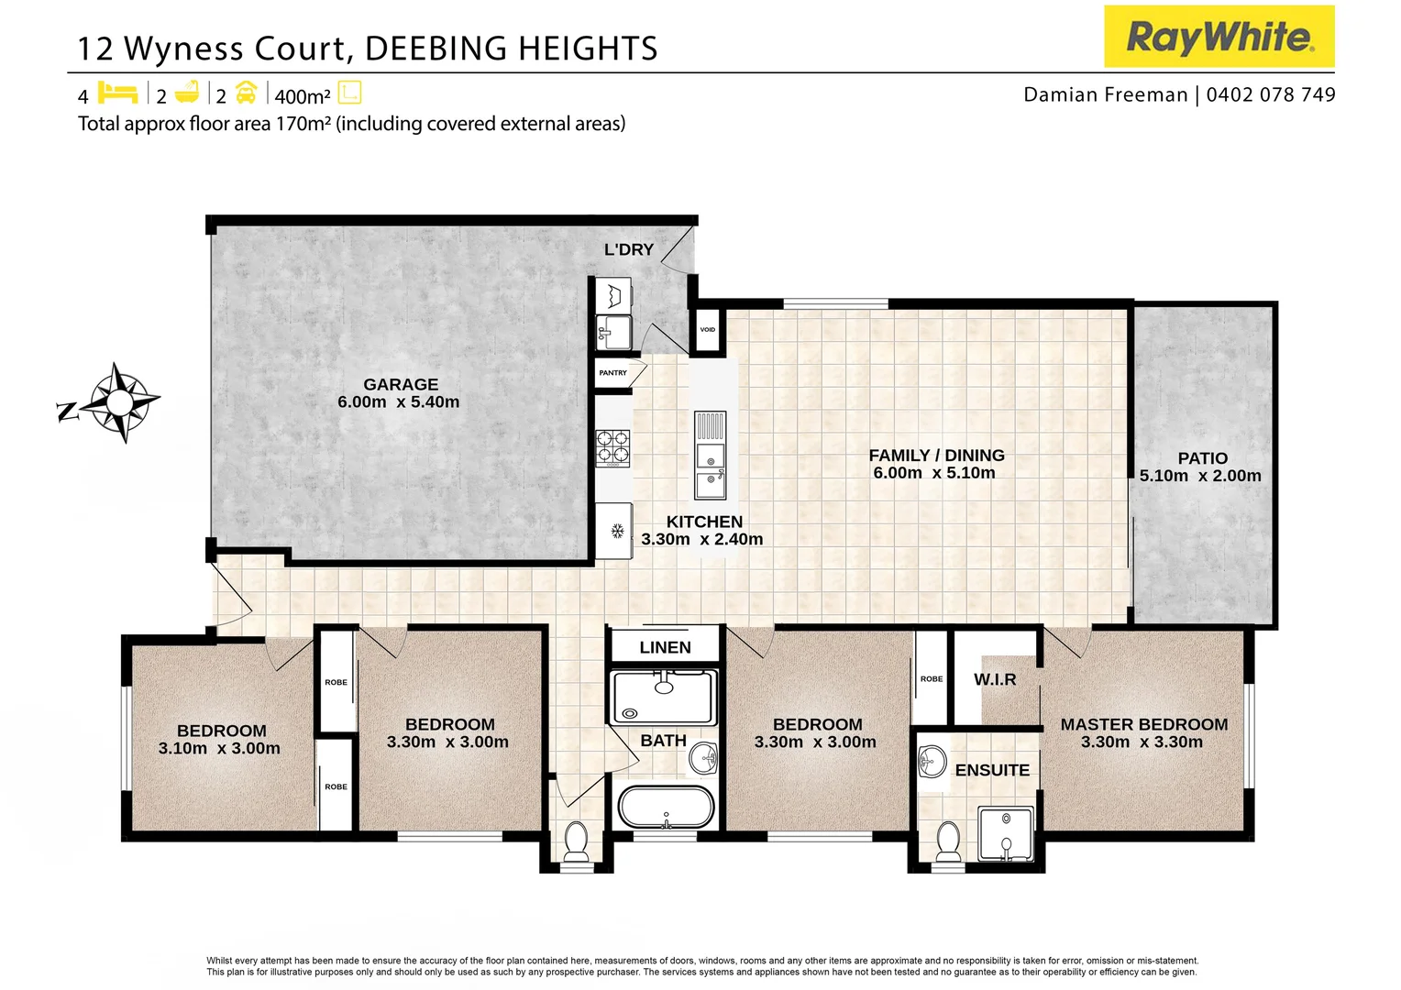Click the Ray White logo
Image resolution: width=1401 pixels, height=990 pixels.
[1219, 37]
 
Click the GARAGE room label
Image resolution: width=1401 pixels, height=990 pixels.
[400, 385]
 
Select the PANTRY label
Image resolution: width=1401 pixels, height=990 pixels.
[612, 373]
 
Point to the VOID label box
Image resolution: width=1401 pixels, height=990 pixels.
[707, 330]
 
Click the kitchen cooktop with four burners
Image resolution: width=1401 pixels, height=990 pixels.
[613, 446]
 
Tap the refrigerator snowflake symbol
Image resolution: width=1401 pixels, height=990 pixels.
[617, 531]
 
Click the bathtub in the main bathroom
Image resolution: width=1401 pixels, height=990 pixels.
[666, 808]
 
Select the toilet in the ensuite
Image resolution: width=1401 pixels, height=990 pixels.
[947, 841]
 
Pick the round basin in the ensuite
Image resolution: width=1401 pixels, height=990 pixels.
[932, 760]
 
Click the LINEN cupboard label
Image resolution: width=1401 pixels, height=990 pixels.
[665, 647]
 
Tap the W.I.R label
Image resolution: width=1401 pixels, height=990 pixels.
[995, 679]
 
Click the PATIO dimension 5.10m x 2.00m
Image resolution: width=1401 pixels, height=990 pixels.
[1199, 476]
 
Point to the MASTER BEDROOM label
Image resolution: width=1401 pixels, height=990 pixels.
[1143, 724]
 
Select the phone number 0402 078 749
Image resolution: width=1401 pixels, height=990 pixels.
[1271, 94]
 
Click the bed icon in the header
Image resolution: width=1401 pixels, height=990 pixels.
[117, 93]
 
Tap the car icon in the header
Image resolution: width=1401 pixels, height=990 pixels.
[246, 93]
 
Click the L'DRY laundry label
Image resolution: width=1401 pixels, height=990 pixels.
[629, 249]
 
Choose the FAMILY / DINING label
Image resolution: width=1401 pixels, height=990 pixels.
[936, 456]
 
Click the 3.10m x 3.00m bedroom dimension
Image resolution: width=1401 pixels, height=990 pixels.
[219, 748]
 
